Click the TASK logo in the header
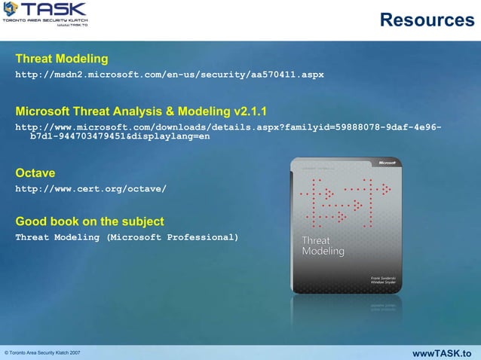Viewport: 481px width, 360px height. [x=47, y=14]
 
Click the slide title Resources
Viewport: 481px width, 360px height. [x=427, y=19]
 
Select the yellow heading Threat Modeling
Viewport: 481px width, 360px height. [x=62, y=58]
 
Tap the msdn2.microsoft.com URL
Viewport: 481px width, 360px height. [x=170, y=75]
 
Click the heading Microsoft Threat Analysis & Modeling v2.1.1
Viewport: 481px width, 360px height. [x=141, y=111]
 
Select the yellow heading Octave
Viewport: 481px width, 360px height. [x=35, y=173]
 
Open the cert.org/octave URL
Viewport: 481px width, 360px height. [x=90, y=189]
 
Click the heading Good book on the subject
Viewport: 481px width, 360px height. [x=90, y=221]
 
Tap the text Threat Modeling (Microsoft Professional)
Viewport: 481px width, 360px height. [x=127, y=237]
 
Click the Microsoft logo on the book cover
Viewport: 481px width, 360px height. [x=386, y=162]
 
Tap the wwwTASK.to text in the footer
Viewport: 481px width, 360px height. [x=443, y=352]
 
